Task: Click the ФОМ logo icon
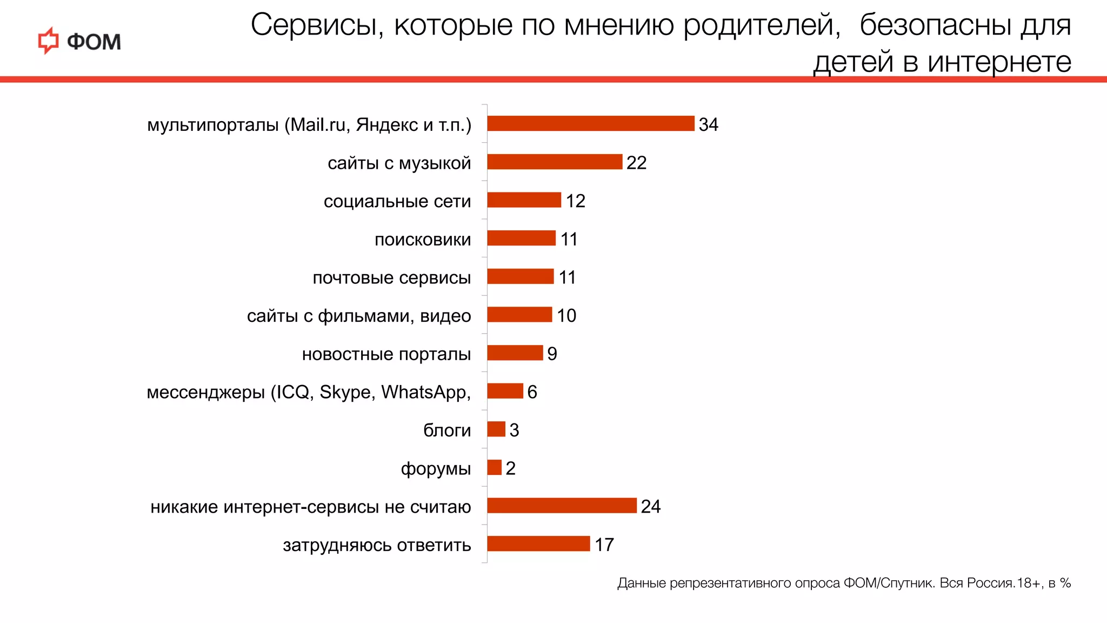48,41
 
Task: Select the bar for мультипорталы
590,123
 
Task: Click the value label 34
708,124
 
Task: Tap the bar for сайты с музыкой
555,162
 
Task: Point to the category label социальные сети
397,201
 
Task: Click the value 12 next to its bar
575,201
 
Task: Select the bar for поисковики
521,238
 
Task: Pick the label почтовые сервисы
391,277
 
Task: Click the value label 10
566,315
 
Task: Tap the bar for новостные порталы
515,353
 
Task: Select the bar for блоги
496,429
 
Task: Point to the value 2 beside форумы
510,468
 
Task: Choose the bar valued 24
562,506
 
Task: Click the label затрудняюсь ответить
377,545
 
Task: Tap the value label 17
604,545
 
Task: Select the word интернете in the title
999,62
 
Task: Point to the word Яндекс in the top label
387,125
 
